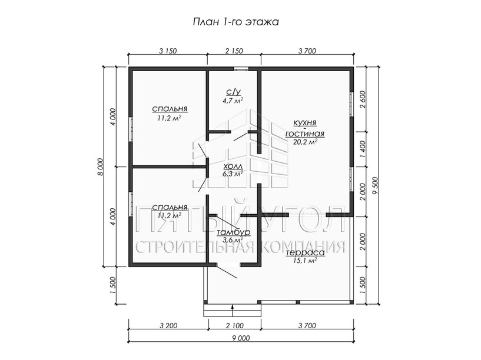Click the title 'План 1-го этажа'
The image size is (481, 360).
(235, 22)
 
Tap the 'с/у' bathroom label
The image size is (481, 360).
(234, 92)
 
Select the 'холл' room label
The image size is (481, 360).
(233, 166)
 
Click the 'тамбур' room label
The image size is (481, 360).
(234, 232)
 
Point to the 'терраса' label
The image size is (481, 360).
(305, 253)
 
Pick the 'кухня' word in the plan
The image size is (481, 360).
(305, 122)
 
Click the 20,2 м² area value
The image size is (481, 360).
(305, 142)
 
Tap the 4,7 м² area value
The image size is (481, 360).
(233, 100)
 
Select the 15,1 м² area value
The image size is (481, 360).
(305, 261)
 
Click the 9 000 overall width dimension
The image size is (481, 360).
(241, 338)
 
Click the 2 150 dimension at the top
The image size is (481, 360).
(234, 51)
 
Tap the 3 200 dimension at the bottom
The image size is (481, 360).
(168, 325)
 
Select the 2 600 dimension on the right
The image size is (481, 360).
(363, 99)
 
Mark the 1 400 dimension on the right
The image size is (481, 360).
(363, 149)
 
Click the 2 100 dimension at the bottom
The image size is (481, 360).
(235, 325)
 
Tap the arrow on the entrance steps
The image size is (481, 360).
(233, 310)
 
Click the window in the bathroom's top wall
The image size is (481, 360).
(241, 69)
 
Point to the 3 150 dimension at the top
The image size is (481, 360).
(168, 51)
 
